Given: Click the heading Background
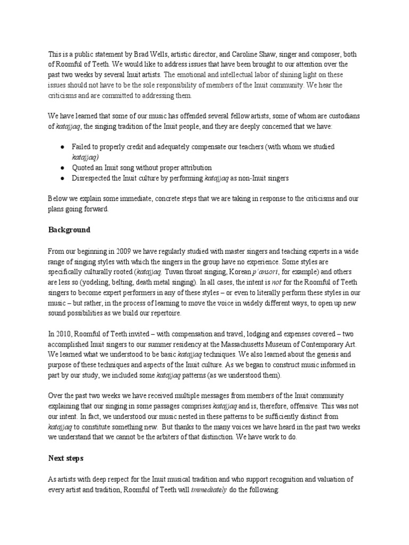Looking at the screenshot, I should click(x=69, y=230).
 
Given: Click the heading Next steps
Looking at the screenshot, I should click(x=67, y=457).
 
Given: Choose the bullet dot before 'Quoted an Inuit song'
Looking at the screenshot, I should click(x=63, y=167).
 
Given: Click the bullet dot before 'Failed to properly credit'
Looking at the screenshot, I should click(x=63, y=146).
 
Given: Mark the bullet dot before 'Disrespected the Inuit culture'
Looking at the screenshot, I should click(x=63, y=178).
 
